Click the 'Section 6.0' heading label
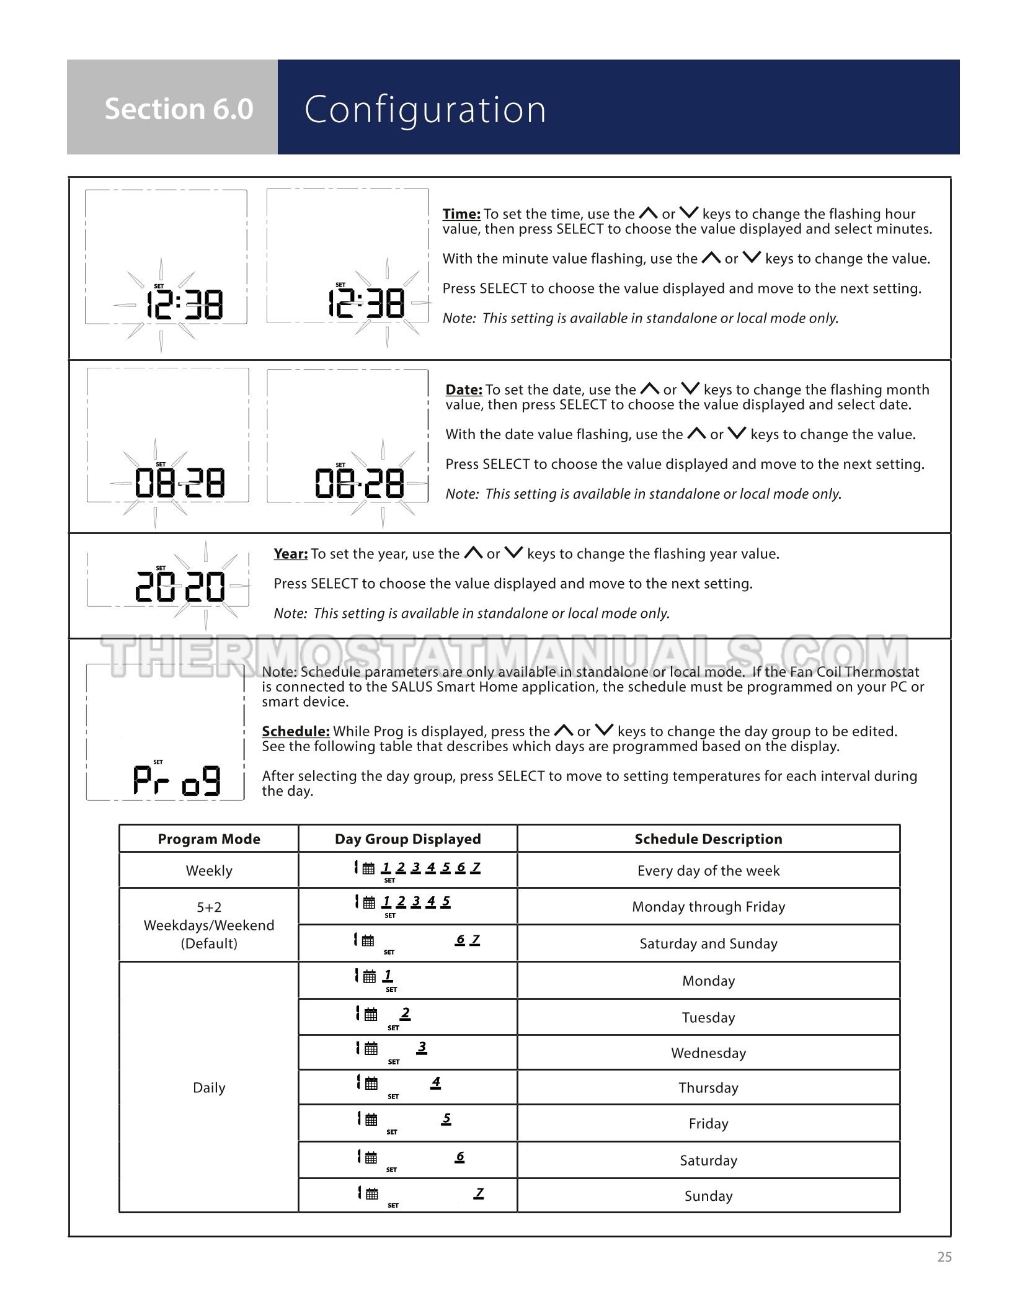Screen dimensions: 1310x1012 click(x=179, y=109)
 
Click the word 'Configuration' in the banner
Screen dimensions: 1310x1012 click(x=425, y=109)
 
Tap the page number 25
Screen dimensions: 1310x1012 click(x=944, y=1257)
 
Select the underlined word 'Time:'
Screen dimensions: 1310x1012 click(x=461, y=214)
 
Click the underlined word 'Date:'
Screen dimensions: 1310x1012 click(x=464, y=390)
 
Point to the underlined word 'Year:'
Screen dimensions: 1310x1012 click(x=291, y=554)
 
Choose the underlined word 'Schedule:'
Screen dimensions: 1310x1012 click(x=296, y=731)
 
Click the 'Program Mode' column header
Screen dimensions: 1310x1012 click(x=209, y=839)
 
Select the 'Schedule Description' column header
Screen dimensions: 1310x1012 click(x=708, y=839)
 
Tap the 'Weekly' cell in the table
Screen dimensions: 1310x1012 click(x=209, y=871)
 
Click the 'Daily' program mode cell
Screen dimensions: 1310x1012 click(x=209, y=1087)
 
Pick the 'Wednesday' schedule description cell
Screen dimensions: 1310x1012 click(x=708, y=1053)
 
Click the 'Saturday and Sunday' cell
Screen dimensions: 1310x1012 click(x=708, y=943)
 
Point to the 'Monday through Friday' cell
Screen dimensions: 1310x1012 click(x=708, y=907)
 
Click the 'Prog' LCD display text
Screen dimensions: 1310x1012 click(x=177, y=780)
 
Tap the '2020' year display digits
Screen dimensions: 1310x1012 click(x=180, y=587)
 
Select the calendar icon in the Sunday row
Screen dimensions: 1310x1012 click(x=371, y=1194)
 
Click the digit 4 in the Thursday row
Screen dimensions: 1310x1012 click(x=436, y=1082)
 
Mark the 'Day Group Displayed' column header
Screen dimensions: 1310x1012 click(x=407, y=839)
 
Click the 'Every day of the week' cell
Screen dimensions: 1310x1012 click(x=708, y=871)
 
